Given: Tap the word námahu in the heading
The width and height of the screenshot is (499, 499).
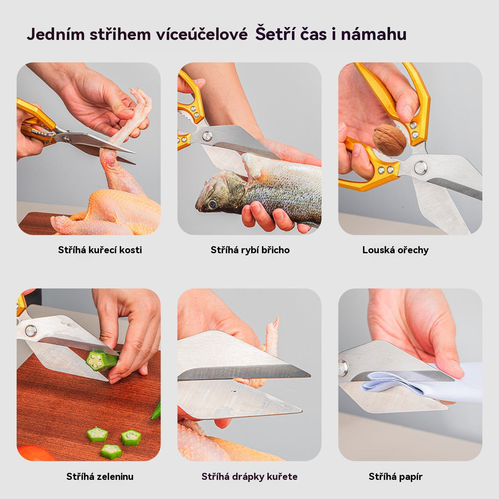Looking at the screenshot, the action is pos(374,35).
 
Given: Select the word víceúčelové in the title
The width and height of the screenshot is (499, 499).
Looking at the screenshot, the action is pos(202,35).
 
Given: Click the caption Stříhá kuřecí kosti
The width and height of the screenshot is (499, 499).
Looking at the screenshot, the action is pos(100,250).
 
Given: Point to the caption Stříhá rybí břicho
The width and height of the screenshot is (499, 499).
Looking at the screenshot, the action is pos(250,250).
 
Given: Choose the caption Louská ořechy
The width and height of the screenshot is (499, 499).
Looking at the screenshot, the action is pos(395,250).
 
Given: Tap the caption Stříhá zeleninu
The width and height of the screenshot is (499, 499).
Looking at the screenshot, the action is pos(100,477).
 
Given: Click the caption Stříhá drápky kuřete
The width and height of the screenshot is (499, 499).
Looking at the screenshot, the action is pos(249,477).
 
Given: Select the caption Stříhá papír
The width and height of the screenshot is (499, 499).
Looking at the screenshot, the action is pos(395,477).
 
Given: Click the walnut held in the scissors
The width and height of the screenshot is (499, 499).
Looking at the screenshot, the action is pos(389,140).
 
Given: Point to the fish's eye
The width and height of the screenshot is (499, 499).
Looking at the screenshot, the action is pos(213,204).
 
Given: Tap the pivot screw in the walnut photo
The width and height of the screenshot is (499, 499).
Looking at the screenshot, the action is pos(420,168).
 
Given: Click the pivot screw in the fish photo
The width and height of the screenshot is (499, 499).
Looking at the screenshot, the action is pos(207,136).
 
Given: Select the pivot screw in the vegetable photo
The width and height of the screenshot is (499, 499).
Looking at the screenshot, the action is pos(31,331).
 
